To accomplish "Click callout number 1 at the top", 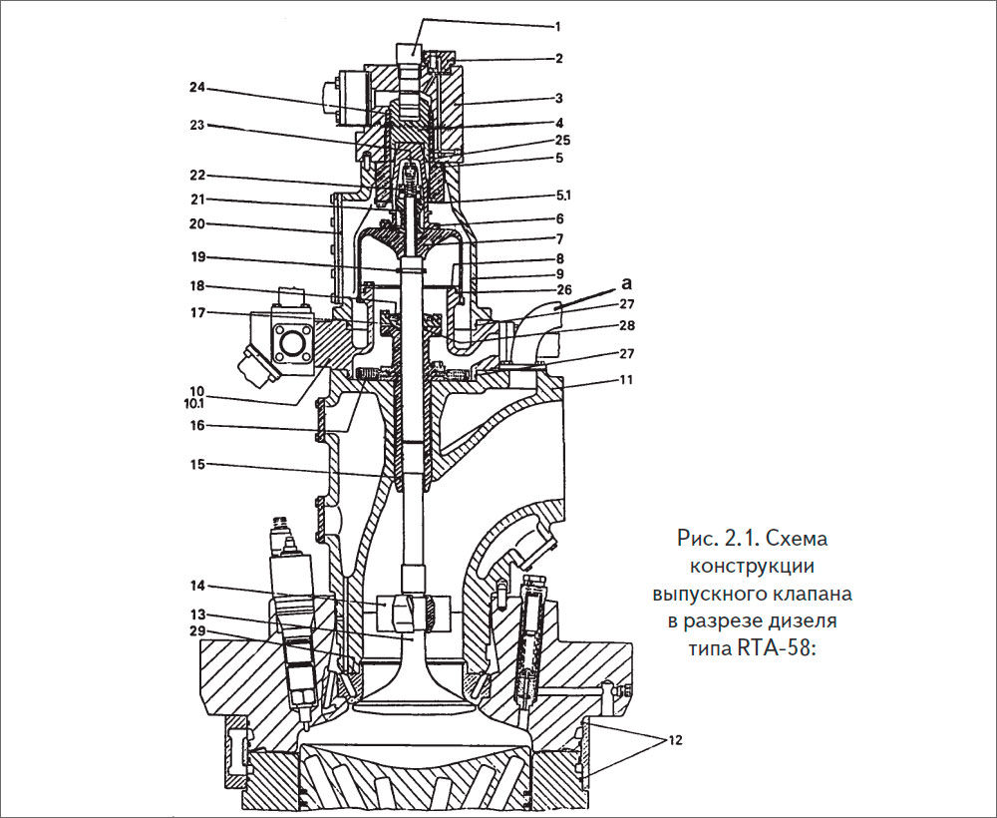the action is click(557, 27).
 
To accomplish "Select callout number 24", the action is click(197, 90).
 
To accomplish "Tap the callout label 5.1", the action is click(562, 196).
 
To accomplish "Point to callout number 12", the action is click(674, 740).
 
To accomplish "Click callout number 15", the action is click(197, 464).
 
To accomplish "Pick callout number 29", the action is click(197, 631).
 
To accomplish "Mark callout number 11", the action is click(627, 380).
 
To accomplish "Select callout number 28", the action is click(627, 325).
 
